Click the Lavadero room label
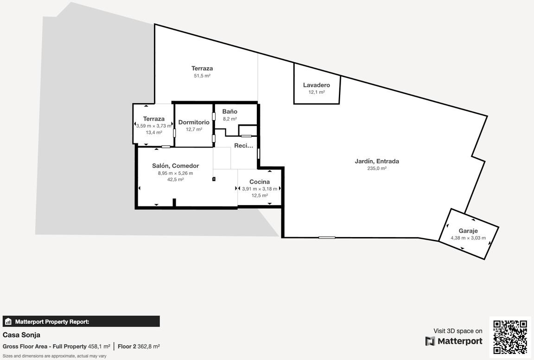[317, 85]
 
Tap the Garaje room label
[468, 231]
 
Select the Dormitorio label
[194, 122]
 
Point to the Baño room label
[230, 111]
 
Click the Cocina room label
[260, 182]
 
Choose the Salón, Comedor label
[175, 166]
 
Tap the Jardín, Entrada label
[377, 161]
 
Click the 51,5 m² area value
[202, 76]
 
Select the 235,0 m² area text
[377, 168]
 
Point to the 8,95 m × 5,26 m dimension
[175, 173]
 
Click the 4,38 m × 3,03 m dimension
[468, 238]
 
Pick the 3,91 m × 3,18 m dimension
[260, 189]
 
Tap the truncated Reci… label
[243, 146]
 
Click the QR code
[510, 336]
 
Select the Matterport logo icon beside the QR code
[430, 341]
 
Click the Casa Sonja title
[21, 335]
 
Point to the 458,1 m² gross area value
[99, 347]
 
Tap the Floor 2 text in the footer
[127, 347]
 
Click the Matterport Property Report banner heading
[52, 321]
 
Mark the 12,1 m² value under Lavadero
[317, 92]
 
